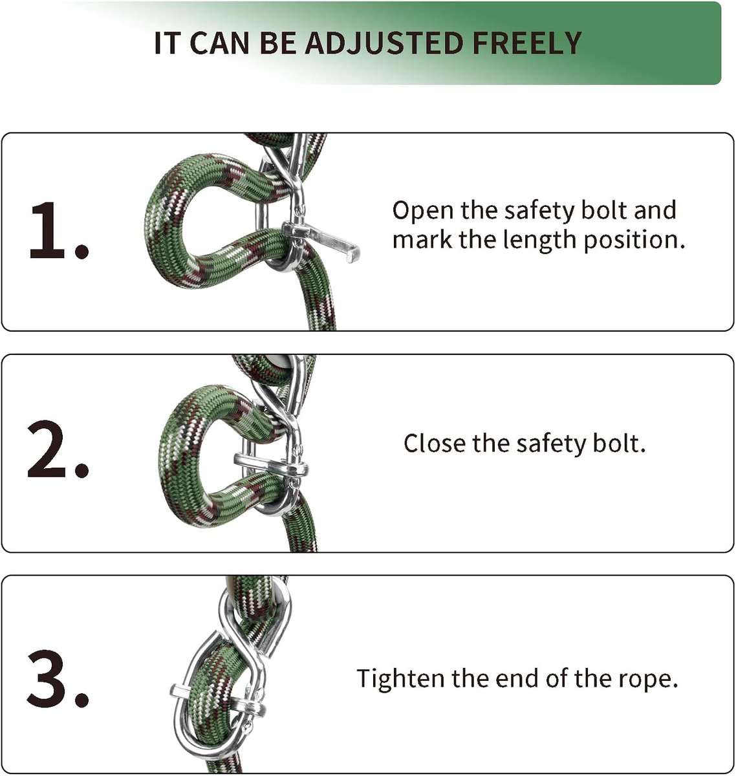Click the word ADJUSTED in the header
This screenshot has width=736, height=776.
pyautogui.click(x=384, y=43)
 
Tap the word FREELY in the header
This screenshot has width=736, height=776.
pyautogui.click(x=527, y=43)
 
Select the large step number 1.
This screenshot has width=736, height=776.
pyautogui.click(x=58, y=230)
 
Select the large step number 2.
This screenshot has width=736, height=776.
pyautogui.click(x=58, y=449)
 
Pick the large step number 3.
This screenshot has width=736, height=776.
pyautogui.click(x=58, y=678)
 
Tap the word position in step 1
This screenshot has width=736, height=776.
pyautogui.click(x=634, y=241)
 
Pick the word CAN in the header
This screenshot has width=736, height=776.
pyautogui.click(x=219, y=43)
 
